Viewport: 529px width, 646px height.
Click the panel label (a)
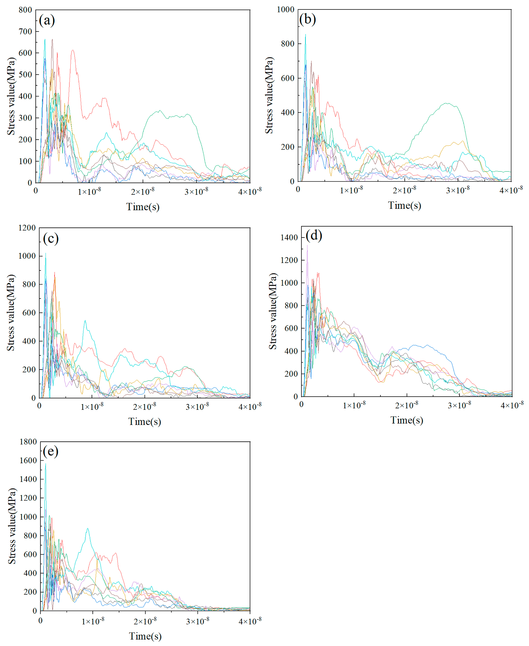point(47,21)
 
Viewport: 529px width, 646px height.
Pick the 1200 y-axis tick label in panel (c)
point(27,228)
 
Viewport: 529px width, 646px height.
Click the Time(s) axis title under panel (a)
point(143,207)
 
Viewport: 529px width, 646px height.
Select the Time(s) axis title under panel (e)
point(145,636)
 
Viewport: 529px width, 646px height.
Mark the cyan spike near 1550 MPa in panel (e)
point(46,464)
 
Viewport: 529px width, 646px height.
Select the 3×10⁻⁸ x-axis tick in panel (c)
point(197,407)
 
